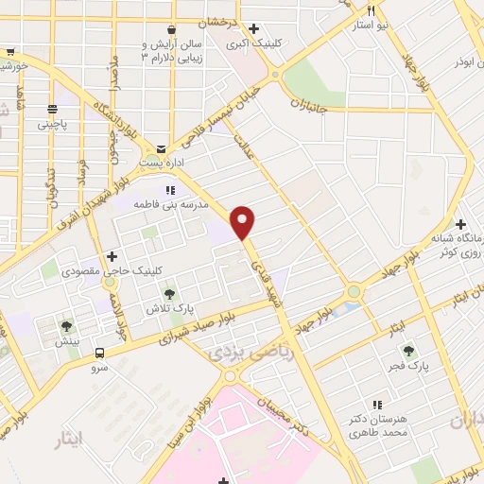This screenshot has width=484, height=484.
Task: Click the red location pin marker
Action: click(244, 221)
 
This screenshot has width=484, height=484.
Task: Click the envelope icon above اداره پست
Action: click(161, 148)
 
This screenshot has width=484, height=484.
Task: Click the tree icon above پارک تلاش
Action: click(169, 293)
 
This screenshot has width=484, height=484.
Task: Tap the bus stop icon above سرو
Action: click(99, 354)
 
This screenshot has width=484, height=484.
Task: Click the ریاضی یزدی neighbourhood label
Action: click(234, 352)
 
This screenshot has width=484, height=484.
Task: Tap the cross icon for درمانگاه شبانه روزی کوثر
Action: click(460, 225)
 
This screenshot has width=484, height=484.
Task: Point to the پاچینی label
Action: click(54, 124)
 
